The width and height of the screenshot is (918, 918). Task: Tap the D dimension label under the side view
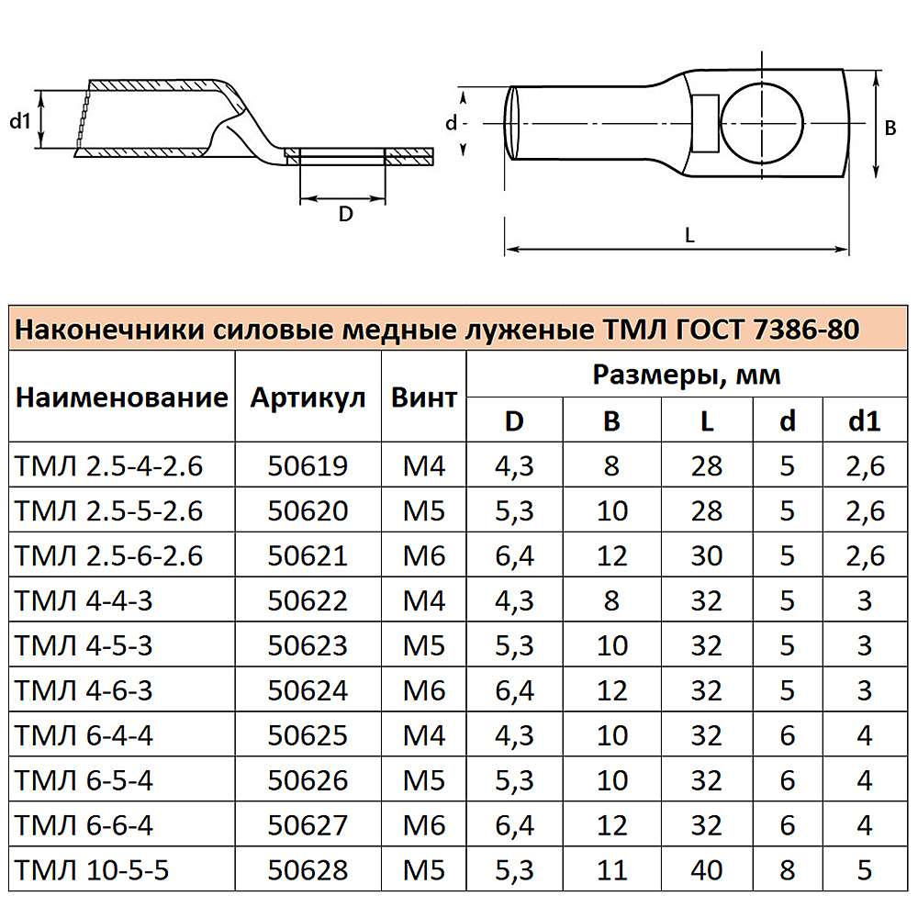pyautogui.click(x=345, y=214)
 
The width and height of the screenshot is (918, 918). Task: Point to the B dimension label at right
pyautogui.click(x=890, y=129)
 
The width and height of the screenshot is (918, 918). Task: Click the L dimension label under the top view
pyautogui.click(x=689, y=235)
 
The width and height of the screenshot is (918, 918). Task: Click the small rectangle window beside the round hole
pyautogui.click(x=705, y=122)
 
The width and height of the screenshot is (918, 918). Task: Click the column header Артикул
pyautogui.click(x=308, y=397)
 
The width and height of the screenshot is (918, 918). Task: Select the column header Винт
pyautogui.click(x=424, y=397)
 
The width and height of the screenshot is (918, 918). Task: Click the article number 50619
pyautogui.click(x=308, y=466)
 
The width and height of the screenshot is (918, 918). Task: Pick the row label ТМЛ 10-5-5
pyautogui.click(x=93, y=869)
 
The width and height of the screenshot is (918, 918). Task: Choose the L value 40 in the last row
pyautogui.click(x=707, y=869)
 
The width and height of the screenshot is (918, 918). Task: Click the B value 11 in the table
pyautogui.click(x=611, y=869)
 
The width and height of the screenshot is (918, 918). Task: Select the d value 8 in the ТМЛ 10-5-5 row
pyautogui.click(x=788, y=869)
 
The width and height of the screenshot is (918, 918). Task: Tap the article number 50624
pyautogui.click(x=308, y=689)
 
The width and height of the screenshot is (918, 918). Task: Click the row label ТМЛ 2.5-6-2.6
pyautogui.click(x=109, y=555)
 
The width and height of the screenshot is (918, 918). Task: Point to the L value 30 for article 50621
pyautogui.click(x=707, y=555)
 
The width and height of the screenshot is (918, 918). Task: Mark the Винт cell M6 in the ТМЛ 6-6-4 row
pyautogui.click(x=424, y=824)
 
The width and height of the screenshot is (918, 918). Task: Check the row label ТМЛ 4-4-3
pyautogui.click(x=82, y=600)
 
